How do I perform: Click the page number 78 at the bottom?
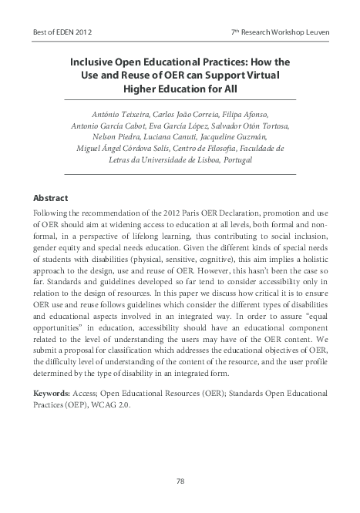click(x=180, y=481)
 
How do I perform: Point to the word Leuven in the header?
click(x=315, y=32)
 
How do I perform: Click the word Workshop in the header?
click(x=280, y=32)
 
